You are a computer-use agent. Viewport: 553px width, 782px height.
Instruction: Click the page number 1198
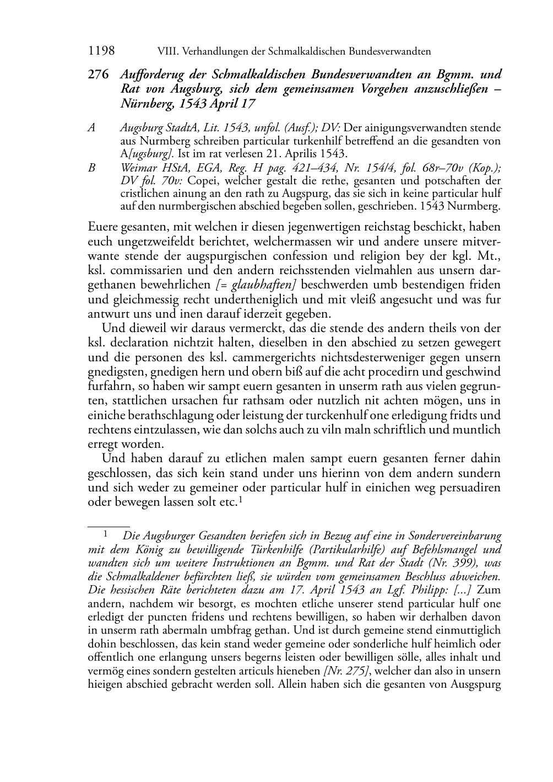[101, 51]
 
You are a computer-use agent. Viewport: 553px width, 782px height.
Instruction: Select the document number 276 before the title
[98, 74]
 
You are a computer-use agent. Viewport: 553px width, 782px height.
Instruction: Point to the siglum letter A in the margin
[91, 128]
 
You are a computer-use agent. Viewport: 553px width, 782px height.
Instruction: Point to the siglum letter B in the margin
[91, 168]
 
